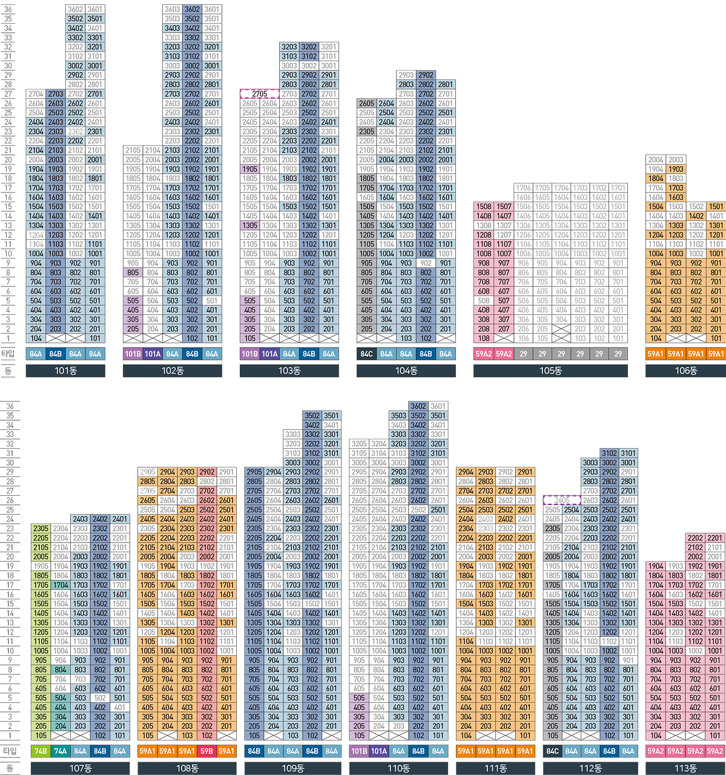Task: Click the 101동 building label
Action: (65, 371)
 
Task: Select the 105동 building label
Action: (550, 371)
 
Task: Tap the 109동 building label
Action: (292, 768)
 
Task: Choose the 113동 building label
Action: (685, 768)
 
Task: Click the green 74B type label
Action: (41, 751)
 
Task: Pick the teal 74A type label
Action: (61, 751)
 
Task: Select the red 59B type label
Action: (207, 751)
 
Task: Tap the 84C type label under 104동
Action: (366, 354)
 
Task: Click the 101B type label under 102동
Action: (133, 354)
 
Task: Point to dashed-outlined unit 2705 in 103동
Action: (260, 94)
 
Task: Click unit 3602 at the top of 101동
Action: (75, 9)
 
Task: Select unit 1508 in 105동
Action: (484, 206)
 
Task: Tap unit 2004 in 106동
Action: (656, 160)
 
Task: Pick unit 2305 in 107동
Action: (41, 529)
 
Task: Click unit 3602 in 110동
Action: (418, 406)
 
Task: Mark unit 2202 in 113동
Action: (695, 538)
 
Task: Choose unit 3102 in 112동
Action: (610, 453)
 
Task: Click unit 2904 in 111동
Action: (466, 472)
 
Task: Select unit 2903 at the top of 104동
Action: (406, 75)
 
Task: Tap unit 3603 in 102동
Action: (173, 9)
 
